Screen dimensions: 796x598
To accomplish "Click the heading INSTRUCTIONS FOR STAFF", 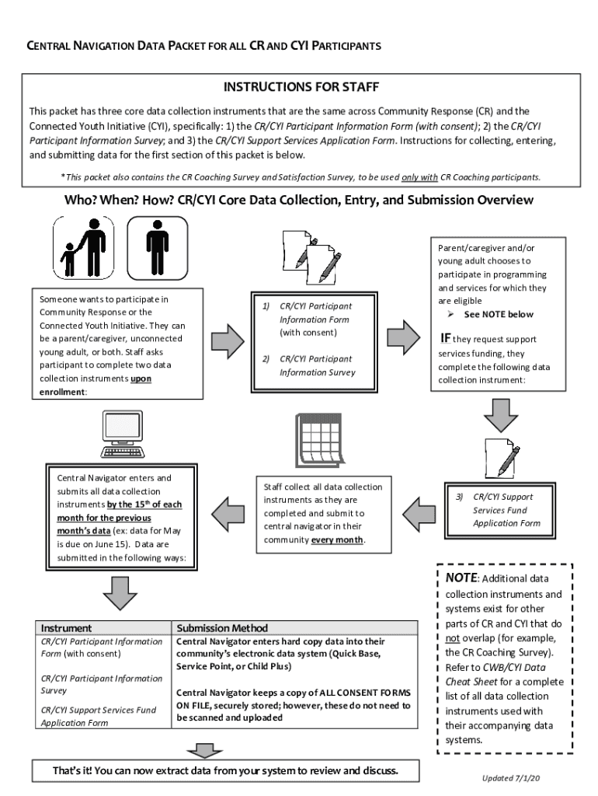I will point(301,86).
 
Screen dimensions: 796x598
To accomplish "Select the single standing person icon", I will point(157,246).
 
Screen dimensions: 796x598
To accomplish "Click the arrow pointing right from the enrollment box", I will point(227,340).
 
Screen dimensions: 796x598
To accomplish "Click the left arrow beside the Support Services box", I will point(419,512).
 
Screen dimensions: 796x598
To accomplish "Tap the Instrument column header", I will point(66,627).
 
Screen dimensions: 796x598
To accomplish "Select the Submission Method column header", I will point(222,627).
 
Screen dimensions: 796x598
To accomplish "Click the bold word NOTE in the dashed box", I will point(461,578).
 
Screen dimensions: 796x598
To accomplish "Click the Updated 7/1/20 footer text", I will point(512,778).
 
